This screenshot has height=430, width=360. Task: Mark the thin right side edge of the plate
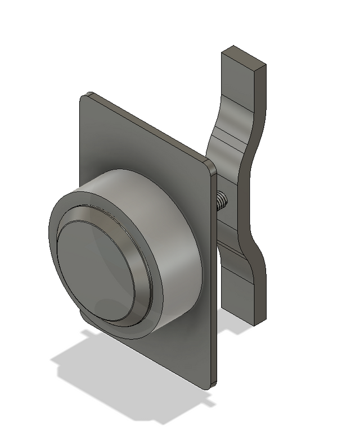pyautogui.click(x=214, y=281)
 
